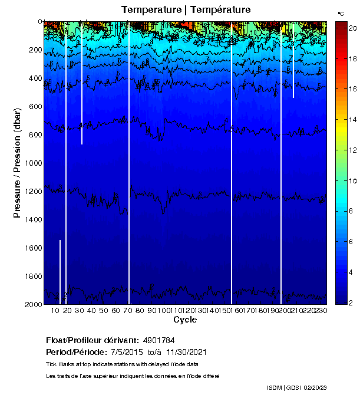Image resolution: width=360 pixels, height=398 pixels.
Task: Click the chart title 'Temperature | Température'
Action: tap(186, 10)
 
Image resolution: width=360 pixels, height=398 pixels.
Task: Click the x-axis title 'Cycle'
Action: tap(185, 320)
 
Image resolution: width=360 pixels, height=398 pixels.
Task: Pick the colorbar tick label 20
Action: tap(350, 28)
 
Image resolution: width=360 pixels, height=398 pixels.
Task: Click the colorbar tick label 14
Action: tap(350, 120)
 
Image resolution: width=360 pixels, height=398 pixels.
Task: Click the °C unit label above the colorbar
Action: tap(341, 13)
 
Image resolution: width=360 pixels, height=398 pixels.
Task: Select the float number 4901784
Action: tap(158, 341)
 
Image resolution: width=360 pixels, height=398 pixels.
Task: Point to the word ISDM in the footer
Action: tap(275, 387)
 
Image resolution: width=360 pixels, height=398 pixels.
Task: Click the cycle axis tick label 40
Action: tap(91, 310)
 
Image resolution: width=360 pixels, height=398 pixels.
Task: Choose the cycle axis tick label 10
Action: tap(55, 310)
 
